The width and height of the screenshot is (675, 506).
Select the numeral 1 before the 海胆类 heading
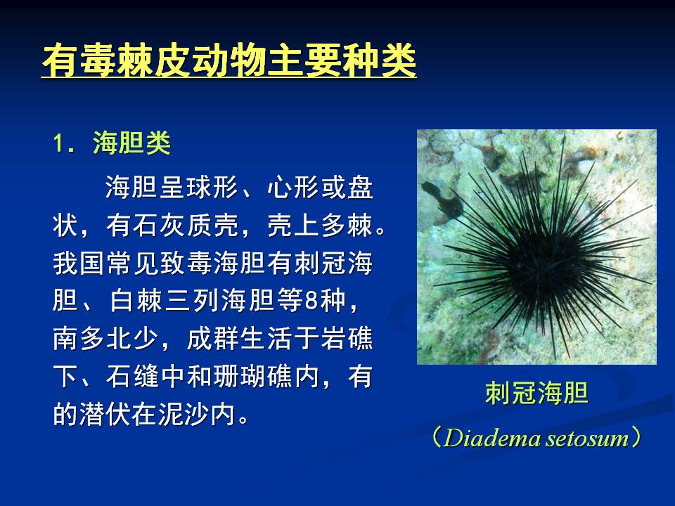(x=58, y=143)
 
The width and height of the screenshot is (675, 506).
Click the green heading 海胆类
(x=131, y=143)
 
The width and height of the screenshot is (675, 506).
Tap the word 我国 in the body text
(x=79, y=263)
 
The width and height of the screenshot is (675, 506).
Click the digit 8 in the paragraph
(x=311, y=301)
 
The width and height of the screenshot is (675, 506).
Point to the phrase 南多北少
(x=105, y=339)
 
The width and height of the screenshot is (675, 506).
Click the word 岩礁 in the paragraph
(x=347, y=339)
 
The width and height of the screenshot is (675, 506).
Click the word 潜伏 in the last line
(x=105, y=415)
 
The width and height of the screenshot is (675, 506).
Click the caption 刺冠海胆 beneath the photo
(x=536, y=393)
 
